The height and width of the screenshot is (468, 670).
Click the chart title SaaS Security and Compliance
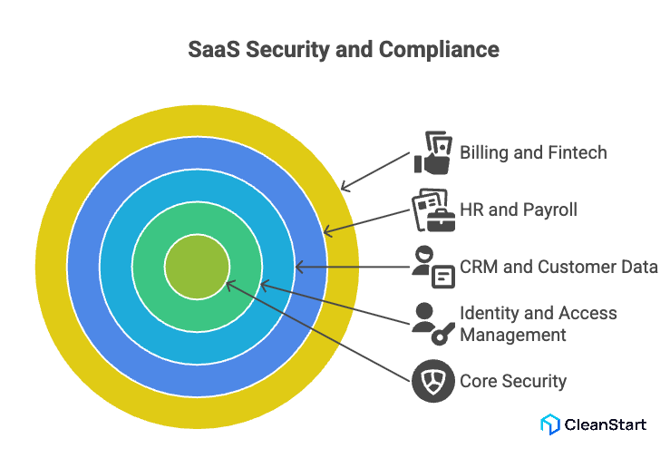(x=343, y=49)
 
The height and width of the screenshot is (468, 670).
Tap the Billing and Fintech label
(x=533, y=151)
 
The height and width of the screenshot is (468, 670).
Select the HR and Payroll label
(x=518, y=210)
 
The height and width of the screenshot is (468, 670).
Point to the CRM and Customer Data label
(x=558, y=267)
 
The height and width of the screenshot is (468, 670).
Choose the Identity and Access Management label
(x=539, y=324)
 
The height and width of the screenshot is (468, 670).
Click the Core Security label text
(x=513, y=381)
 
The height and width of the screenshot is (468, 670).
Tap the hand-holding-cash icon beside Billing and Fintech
(x=432, y=152)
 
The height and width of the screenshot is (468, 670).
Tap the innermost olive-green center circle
(x=196, y=267)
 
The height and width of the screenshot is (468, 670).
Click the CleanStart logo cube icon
(x=549, y=424)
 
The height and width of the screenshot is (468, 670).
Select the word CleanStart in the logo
(x=606, y=424)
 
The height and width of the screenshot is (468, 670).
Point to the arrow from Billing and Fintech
(x=376, y=171)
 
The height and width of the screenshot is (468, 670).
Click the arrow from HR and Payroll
(x=368, y=221)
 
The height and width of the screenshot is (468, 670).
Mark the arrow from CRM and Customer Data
(x=354, y=267)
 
